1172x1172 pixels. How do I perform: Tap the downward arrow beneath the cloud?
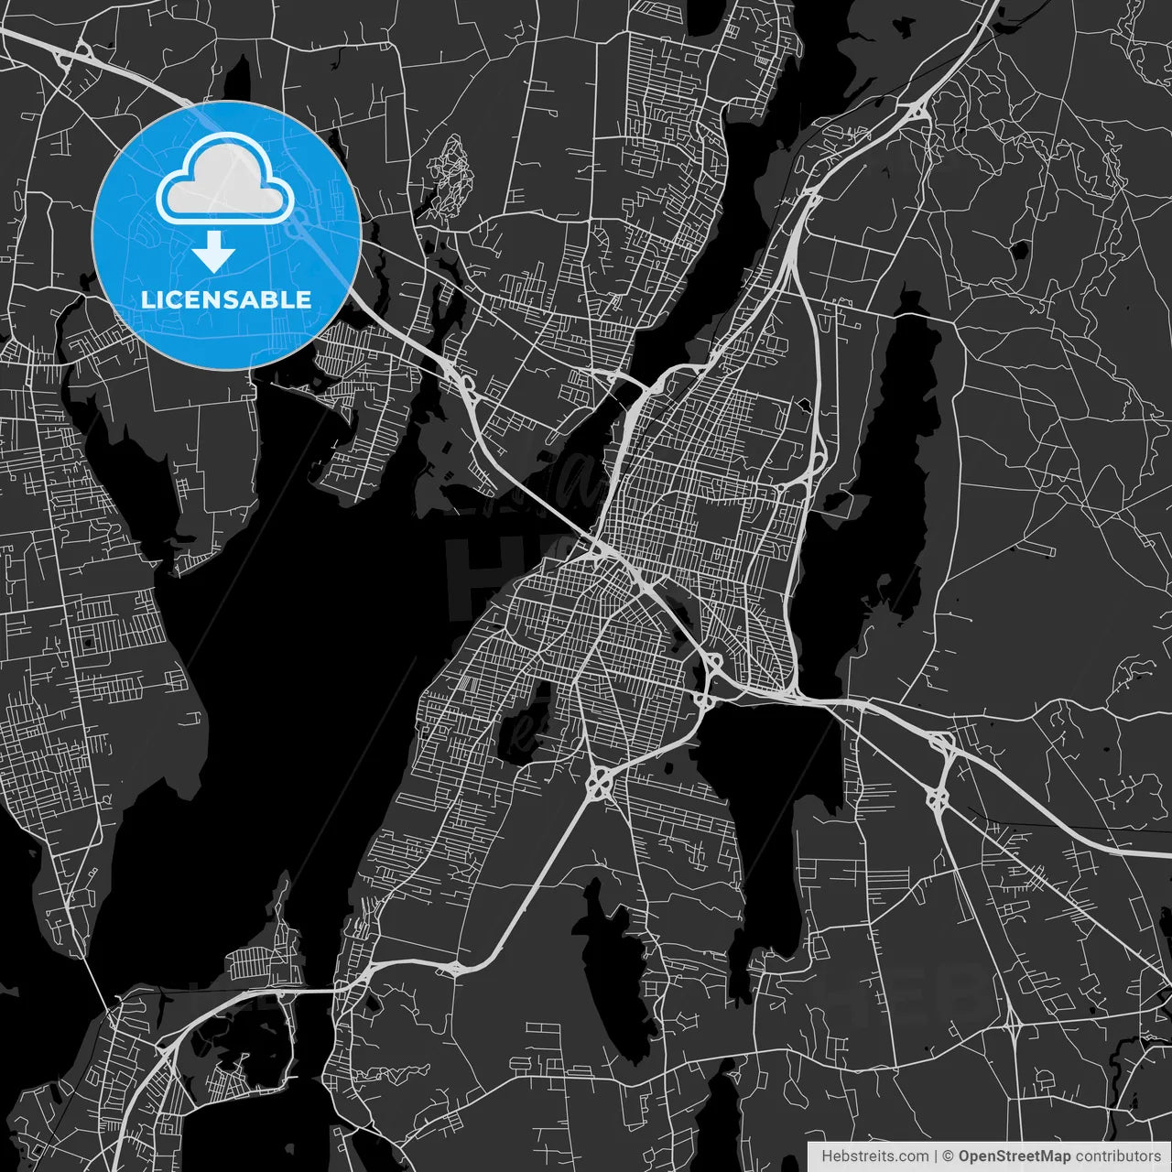pos(213,251)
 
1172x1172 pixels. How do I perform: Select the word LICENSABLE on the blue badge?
pos(225,299)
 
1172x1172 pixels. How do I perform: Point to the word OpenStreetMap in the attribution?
pos(1015,1156)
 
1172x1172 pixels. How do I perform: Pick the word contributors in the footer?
pos(1118,1156)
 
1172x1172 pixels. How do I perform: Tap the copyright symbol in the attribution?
pos(949,1156)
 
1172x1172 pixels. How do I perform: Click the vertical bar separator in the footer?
pos(935,1156)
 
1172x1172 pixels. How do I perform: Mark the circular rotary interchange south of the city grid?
pos(601,784)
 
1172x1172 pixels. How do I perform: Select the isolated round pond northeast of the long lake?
pos(1019,249)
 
